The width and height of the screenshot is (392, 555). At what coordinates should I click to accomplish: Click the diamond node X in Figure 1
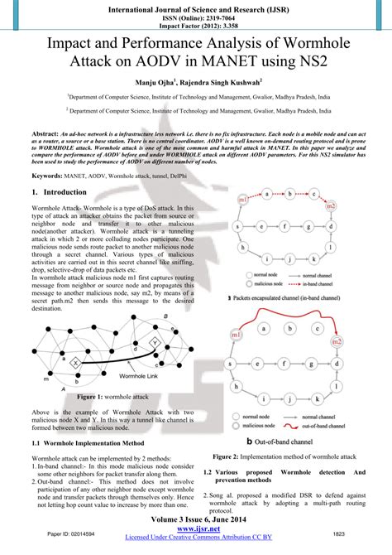[74, 363]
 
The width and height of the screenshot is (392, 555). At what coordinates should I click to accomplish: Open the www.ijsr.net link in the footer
[197, 528]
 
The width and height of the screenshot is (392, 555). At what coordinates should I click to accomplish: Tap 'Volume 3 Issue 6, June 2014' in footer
[196, 519]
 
